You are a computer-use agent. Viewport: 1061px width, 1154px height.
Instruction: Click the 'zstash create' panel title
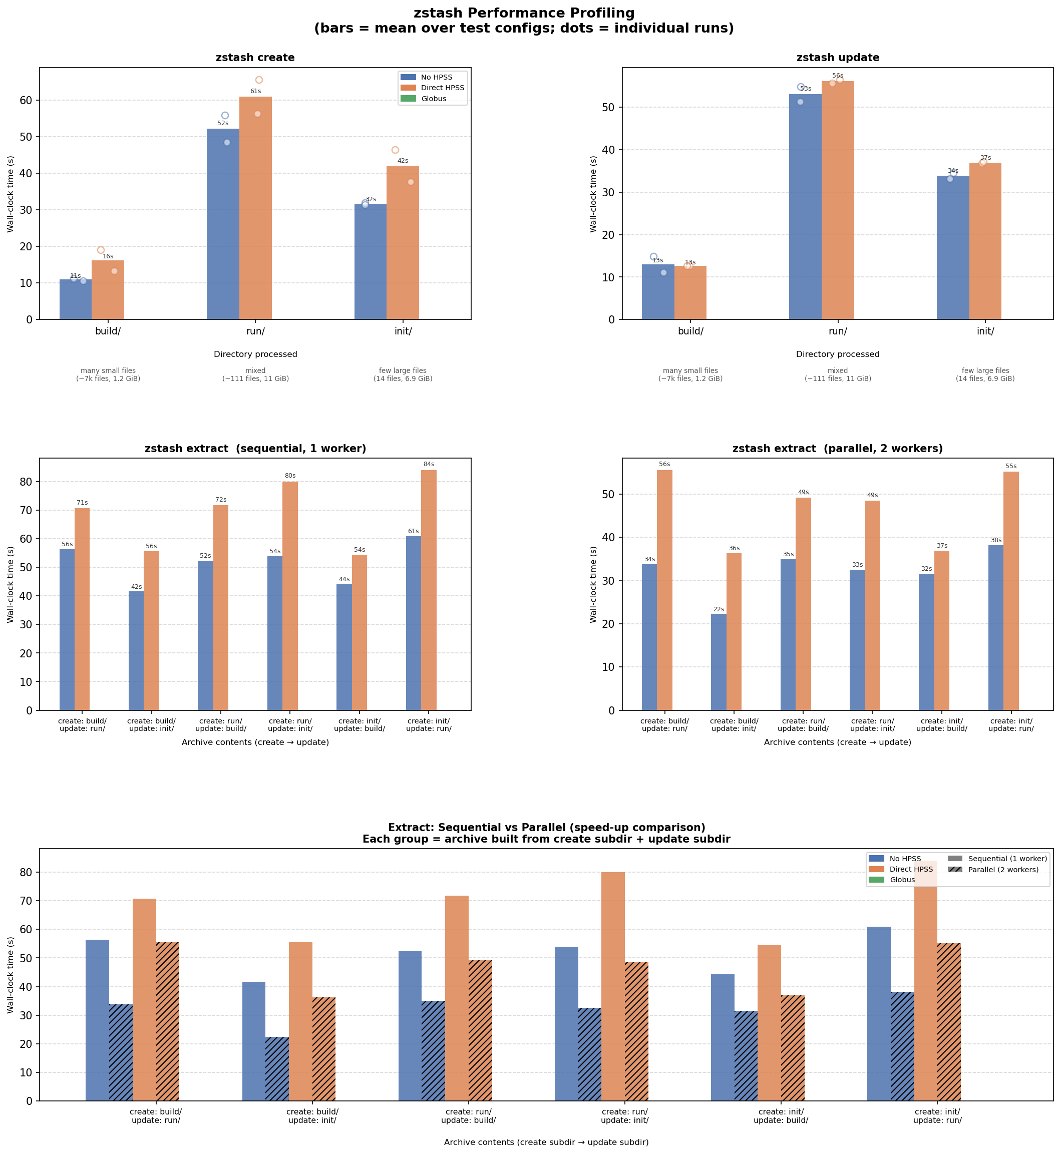(x=255, y=58)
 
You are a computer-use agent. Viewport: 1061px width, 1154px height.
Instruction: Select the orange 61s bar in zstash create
(x=255, y=207)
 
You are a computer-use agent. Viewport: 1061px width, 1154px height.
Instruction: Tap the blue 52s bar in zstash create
(x=223, y=224)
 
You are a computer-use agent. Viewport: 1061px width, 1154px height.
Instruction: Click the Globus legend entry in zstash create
(x=434, y=99)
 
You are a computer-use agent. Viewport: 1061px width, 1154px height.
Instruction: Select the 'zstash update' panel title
(x=837, y=58)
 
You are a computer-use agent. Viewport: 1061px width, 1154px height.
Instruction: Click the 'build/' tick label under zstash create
(x=108, y=331)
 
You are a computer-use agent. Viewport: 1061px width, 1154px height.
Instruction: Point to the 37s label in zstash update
(x=985, y=158)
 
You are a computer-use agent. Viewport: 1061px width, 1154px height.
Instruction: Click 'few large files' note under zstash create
(x=403, y=371)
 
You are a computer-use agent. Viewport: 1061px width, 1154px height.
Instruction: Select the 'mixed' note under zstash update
(x=837, y=371)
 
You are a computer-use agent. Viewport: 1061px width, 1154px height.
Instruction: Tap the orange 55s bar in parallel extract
(x=1010, y=591)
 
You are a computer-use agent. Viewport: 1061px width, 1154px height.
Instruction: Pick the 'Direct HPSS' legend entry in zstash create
(x=442, y=88)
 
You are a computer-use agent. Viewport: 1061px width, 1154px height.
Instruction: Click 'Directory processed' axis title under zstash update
(x=837, y=354)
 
